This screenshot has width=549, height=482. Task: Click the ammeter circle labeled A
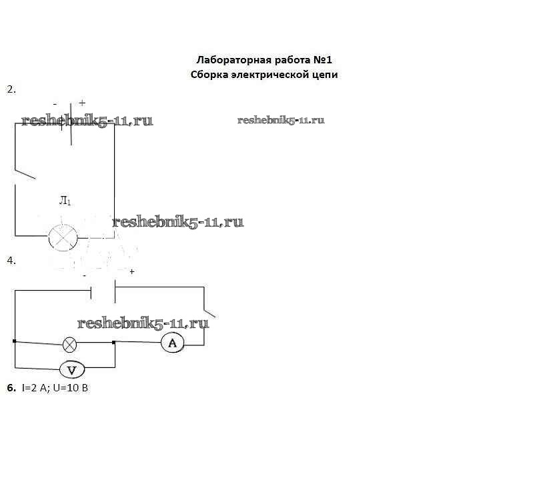point(173,343)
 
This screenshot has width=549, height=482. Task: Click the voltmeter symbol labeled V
point(72,370)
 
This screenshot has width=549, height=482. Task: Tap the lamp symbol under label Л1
point(63,238)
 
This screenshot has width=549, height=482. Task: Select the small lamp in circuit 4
point(69,345)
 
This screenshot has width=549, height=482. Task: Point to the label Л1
point(65,201)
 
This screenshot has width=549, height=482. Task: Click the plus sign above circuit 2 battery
point(82,103)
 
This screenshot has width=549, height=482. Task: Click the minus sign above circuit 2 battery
point(55,104)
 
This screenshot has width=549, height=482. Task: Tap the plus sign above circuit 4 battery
point(131,271)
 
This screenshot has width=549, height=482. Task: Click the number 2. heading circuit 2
point(11,89)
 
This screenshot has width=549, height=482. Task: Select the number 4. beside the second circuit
point(11,261)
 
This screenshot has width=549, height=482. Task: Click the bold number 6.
point(11,388)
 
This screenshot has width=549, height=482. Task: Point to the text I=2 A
point(34,388)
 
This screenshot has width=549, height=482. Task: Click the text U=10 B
point(71,388)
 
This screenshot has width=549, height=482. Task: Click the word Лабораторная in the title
point(234,60)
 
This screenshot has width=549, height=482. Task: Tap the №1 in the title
point(322,60)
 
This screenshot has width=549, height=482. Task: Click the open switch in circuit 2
point(25,174)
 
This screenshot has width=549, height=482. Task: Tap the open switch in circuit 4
point(209,313)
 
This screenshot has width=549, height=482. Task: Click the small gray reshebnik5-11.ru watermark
point(281,121)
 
